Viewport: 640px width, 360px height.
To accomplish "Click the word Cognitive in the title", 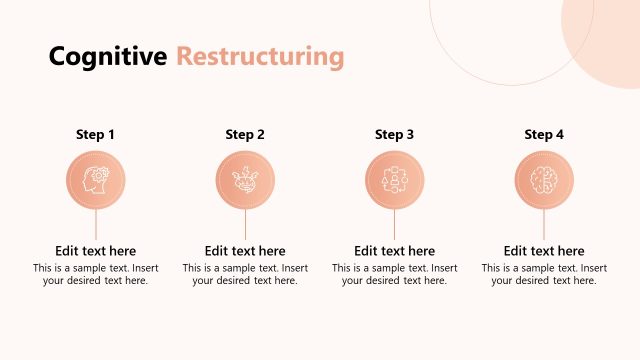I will (x=108, y=57).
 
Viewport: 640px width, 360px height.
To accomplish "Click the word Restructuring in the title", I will (x=260, y=57).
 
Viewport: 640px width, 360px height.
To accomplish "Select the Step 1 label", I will (x=96, y=134).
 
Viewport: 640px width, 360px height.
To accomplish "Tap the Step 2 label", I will (x=245, y=134).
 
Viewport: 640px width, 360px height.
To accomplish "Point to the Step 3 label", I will (x=395, y=134).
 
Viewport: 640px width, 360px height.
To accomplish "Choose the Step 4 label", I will (x=544, y=134).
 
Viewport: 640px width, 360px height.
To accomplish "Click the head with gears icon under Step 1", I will (x=96, y=180).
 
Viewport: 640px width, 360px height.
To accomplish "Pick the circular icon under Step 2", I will (x=245, y=180).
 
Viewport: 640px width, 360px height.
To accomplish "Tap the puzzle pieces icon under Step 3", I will (x=395, y=180).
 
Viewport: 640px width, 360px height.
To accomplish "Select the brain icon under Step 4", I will (x=544, y=180).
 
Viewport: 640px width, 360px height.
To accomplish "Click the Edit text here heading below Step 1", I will (x=96, y=251).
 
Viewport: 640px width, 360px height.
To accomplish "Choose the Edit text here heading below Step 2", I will (x=245, y=251).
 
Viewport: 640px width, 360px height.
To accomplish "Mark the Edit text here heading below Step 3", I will (x=395, y=251).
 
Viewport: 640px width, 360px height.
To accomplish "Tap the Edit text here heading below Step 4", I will (x=544, y=251).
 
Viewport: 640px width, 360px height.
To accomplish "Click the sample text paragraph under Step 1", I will (x=96, y=275).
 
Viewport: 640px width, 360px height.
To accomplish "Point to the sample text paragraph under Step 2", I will (x=245, y=275).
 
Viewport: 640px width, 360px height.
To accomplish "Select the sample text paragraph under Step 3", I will (x=395, y=275).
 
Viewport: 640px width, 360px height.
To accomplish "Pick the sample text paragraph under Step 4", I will (x=544, y=275).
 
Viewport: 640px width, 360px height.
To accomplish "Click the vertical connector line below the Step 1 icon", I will (x=96, y=224).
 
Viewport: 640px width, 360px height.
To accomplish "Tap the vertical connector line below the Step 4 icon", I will (x=544, y=224).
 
